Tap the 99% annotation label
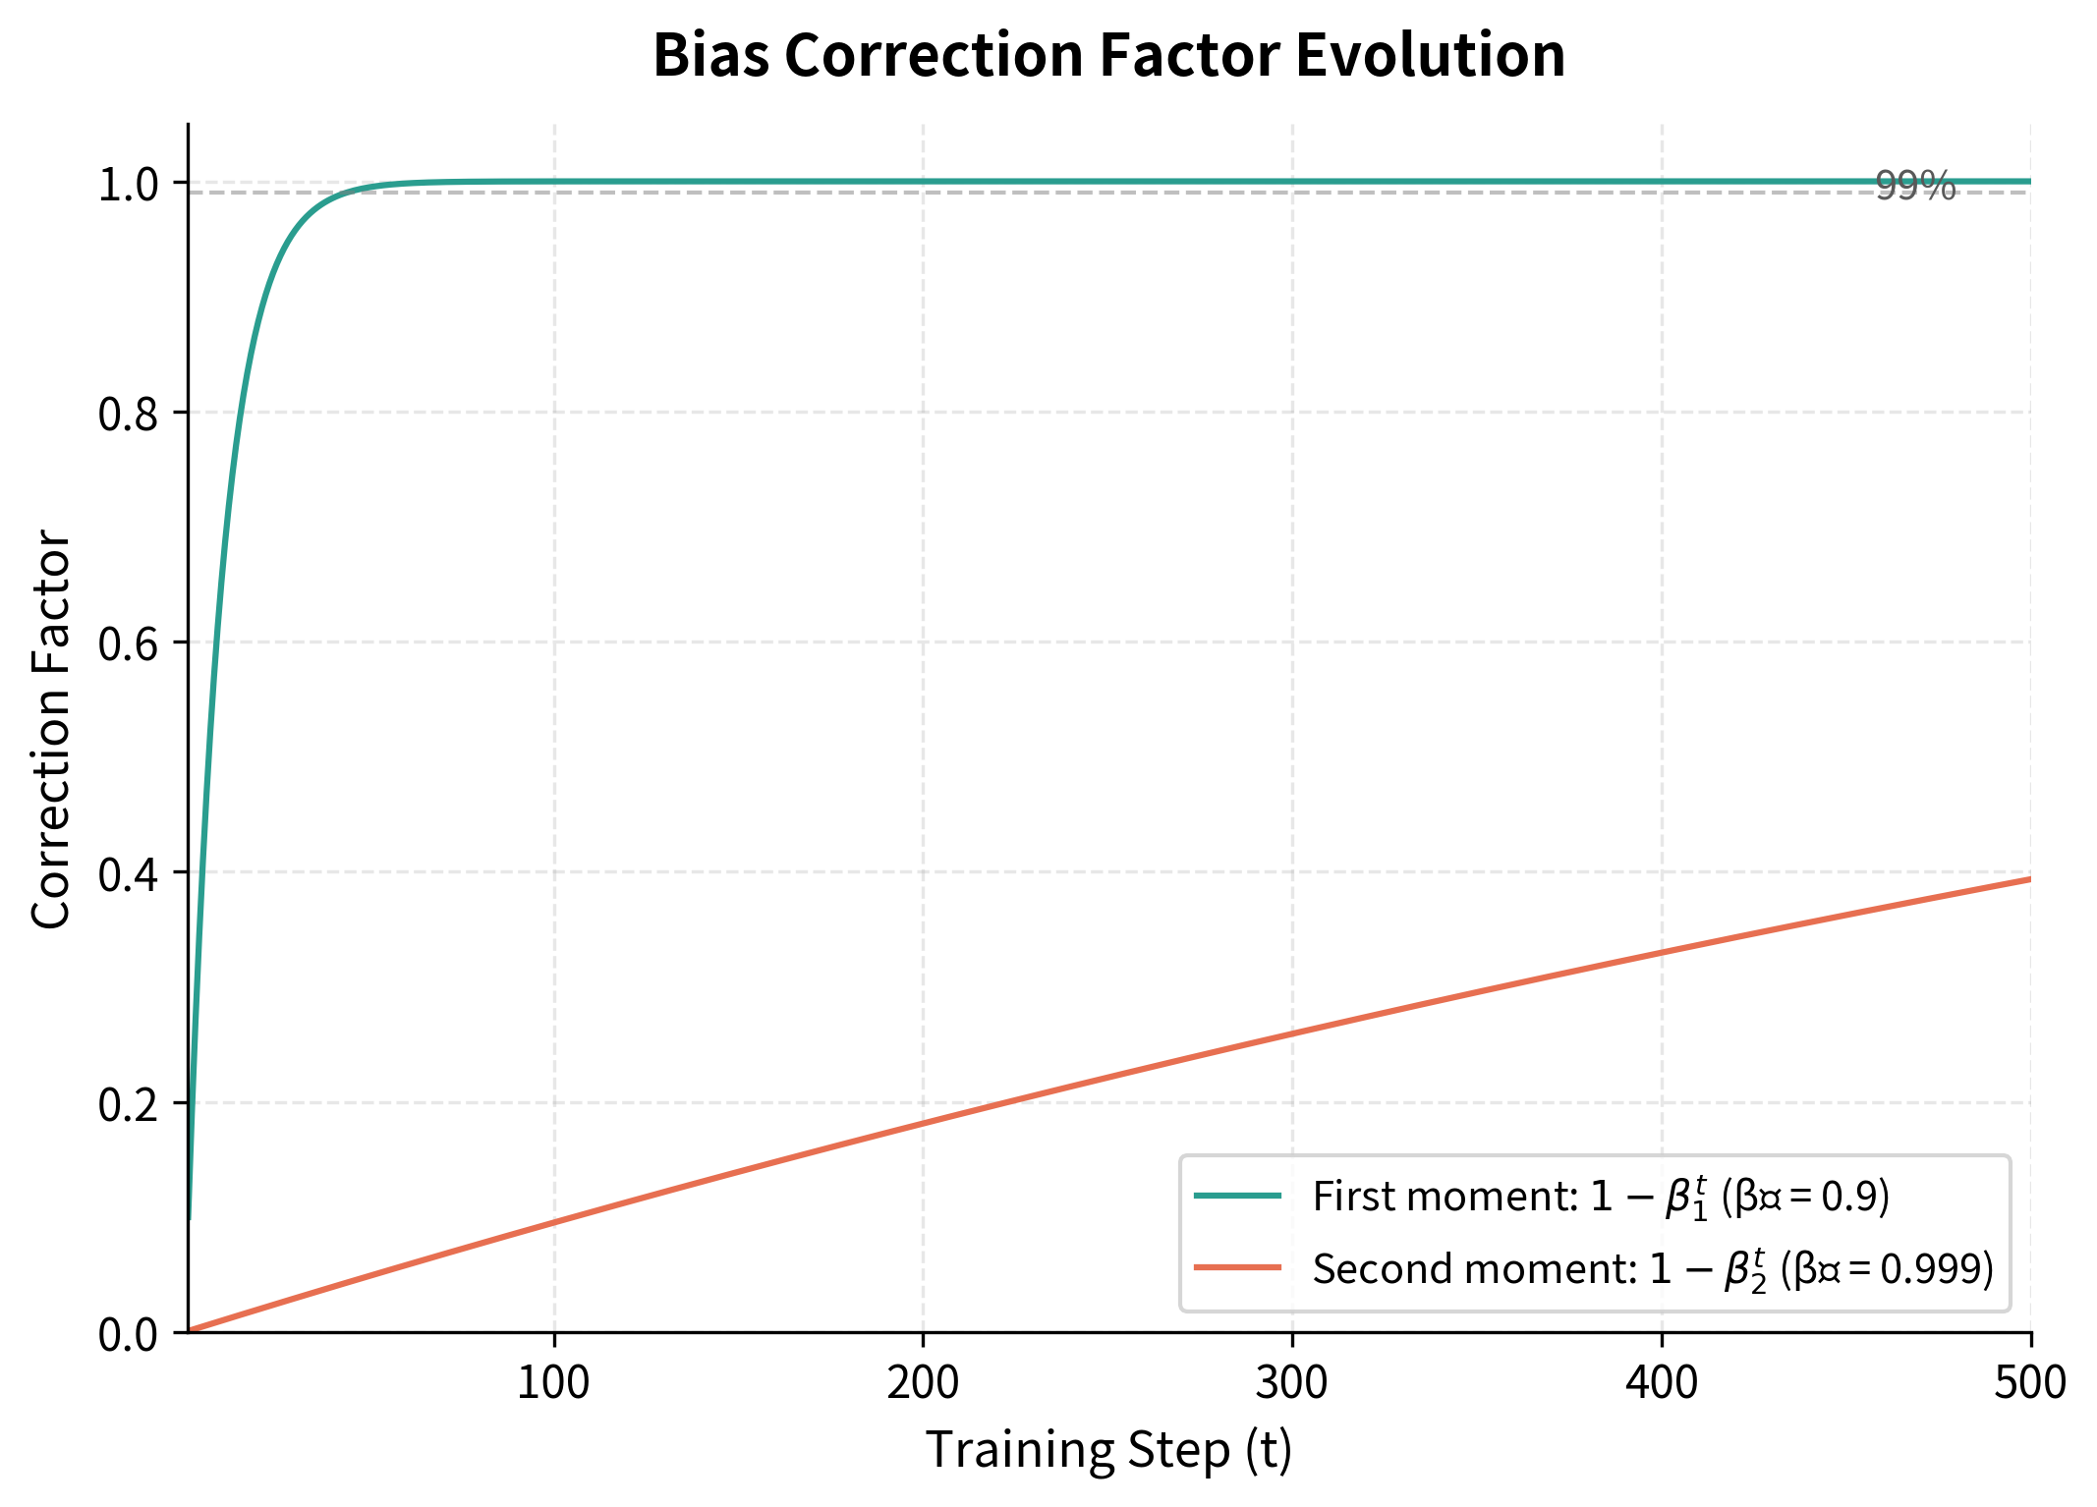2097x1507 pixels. click(x=1915, y=185)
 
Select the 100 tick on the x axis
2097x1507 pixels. click(x=553, y=1383)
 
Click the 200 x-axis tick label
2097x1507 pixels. click(x=923, y=1383)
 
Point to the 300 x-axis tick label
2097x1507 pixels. click(x=1291, y=1383)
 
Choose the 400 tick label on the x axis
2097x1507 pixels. click(x=1661, y=1383)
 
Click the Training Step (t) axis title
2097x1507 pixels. click(x=1108, y=1450)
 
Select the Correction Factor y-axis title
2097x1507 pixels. click(x=51, y=728)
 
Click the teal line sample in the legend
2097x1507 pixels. click(x=1238, y=1196)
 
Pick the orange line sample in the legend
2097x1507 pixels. click(x=1238, y=1268)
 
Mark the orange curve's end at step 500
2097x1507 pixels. click(x=2029, y=879)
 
